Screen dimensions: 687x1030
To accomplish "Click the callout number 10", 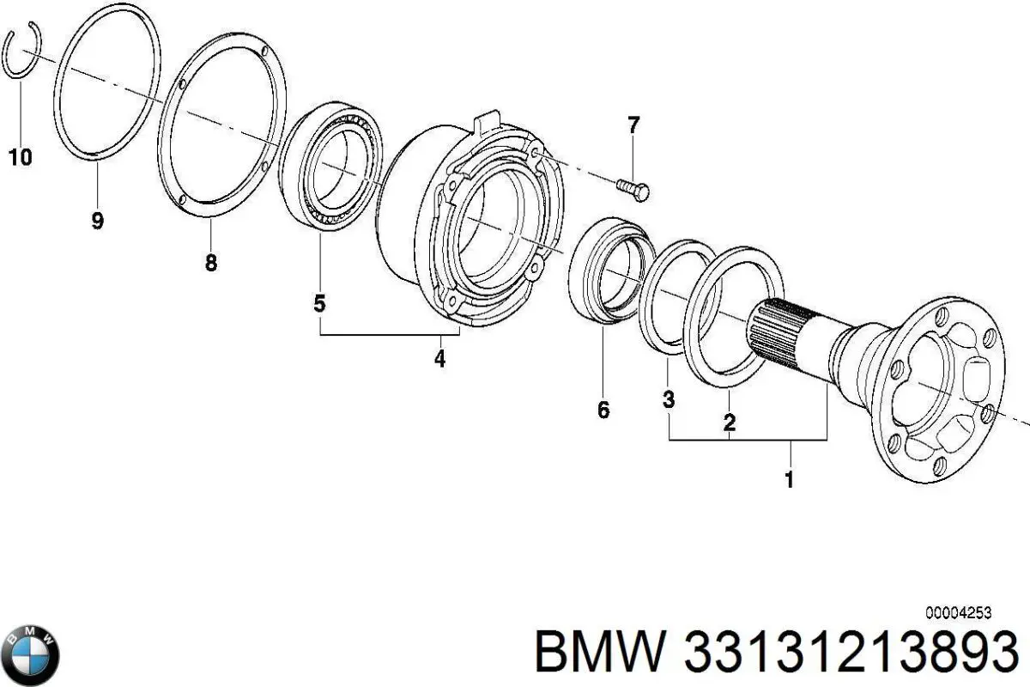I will (x=20, y=157).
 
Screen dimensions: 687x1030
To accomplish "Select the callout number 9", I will (x=97, y=221).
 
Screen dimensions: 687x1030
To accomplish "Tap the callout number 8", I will (x=211, y=263).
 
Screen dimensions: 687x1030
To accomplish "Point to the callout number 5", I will (x=319, y=302).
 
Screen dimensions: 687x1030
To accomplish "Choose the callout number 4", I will (x=439, y=358).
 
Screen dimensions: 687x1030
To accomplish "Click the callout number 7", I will (x=633, y=125).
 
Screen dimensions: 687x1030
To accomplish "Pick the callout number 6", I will (x=603, y=410).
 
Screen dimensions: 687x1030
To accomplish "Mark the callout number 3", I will (x=669, y=399).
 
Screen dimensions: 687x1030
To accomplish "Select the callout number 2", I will (x=729, y=422).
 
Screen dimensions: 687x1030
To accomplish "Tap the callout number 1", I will (x=790, y=479).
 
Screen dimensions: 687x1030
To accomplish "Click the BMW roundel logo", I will (x=32, y=654).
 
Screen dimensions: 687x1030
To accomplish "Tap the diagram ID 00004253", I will (x=959, y=612).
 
